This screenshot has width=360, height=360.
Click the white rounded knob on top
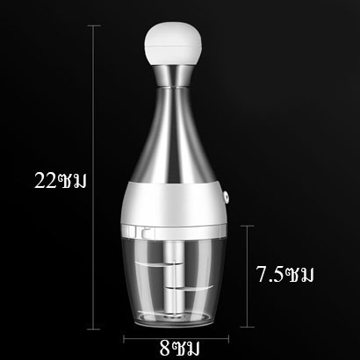point(173,43)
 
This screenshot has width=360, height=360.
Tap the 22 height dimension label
point(61,181)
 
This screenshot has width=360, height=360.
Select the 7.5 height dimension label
point(284,274)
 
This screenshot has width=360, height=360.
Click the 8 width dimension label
point(179,348)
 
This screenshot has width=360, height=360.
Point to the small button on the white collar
point(226,198)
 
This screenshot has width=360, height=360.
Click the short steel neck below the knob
point(174,76)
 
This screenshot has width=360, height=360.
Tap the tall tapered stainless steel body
point(173,135)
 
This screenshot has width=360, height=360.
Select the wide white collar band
point(173,203)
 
